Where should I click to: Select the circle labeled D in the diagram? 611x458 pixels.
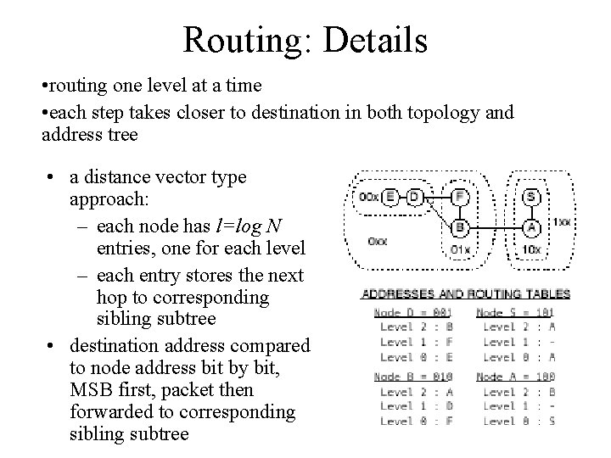(x=415, y=198)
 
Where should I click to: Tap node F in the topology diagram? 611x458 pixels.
(x=459, y=196)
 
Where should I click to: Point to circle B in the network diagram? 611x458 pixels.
(x=459, y=227)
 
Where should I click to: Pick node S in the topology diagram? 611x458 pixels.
(x=532, y=196)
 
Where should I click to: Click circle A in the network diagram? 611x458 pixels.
(x=532, y=227)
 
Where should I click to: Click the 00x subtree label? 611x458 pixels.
(x=369, y=198)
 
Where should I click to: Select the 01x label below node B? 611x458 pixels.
(x=459, y=249)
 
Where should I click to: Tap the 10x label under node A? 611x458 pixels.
(x=531, y=249)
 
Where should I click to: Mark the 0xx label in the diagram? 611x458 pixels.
(x=378, y=241)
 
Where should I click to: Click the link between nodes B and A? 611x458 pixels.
(x=496, y=227)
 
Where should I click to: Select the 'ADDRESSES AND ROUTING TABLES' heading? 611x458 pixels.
(x=466, y=294)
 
